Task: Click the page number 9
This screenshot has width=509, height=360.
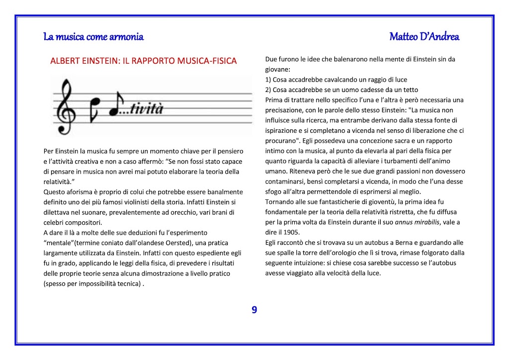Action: [254, 310]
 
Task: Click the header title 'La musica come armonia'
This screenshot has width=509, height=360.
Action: [93, 37]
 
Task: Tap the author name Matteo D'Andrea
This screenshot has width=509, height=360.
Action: [424, 37]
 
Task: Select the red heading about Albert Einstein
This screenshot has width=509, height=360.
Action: [144, 61]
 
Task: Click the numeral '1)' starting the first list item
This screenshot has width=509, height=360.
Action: [268, 80]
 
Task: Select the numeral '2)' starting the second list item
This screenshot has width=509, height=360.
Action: [268, 90]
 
